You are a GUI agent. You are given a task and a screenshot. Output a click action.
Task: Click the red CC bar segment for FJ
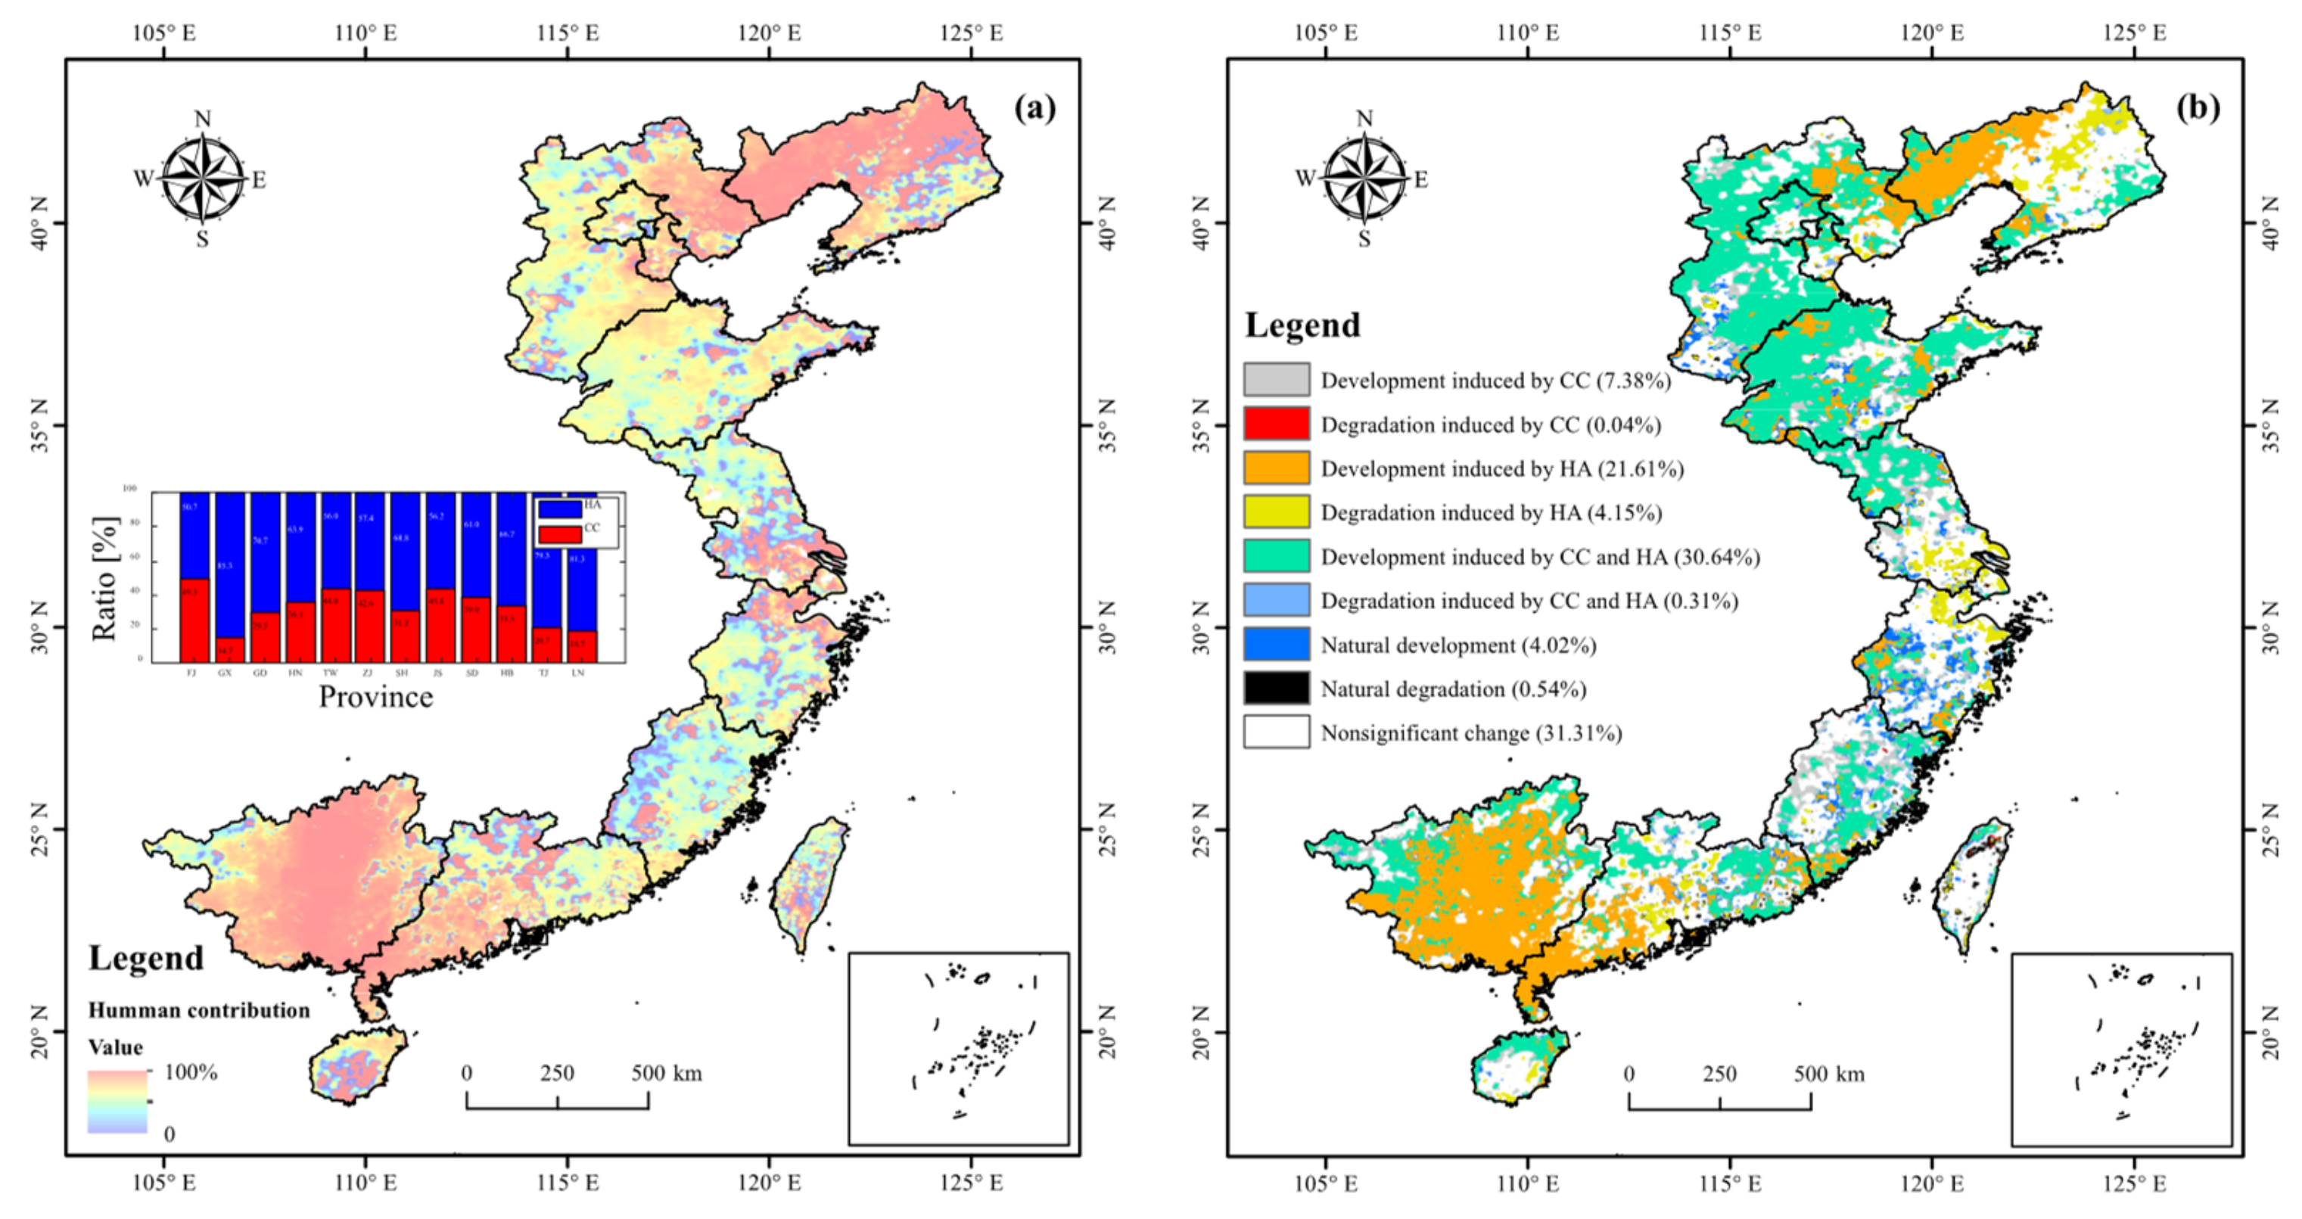point(194,620)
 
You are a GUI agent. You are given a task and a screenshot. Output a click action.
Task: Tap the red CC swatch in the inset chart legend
point(559,533)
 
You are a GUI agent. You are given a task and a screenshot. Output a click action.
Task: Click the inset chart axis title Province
point(375,697)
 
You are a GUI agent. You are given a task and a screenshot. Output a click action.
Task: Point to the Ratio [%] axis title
point(104,578)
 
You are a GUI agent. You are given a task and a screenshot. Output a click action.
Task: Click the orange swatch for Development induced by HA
point(1276,468)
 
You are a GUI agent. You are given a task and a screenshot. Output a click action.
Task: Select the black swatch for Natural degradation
point(1276,688)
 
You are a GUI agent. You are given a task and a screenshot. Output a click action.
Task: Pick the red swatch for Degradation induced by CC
point(1276,424)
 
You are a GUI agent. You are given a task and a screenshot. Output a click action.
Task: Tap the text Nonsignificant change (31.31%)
point(1471,732)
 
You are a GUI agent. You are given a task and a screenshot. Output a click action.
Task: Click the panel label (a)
point(1034,108)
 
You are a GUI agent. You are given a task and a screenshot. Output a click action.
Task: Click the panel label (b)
point(2198,108)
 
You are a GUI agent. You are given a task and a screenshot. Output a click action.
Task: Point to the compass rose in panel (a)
point(203,179)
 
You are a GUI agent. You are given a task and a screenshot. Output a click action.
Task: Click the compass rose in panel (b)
point(1364,179)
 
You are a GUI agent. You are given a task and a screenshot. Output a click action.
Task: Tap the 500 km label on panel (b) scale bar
point(1828,1073)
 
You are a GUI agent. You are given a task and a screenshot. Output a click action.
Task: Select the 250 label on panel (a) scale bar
point(557,1073)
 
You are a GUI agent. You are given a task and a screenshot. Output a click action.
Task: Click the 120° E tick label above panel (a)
point(770,33)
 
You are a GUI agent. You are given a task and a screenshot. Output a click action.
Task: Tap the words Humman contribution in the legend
point(198,1010)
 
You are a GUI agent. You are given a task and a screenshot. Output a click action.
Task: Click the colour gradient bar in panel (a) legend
point(117,1102)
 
